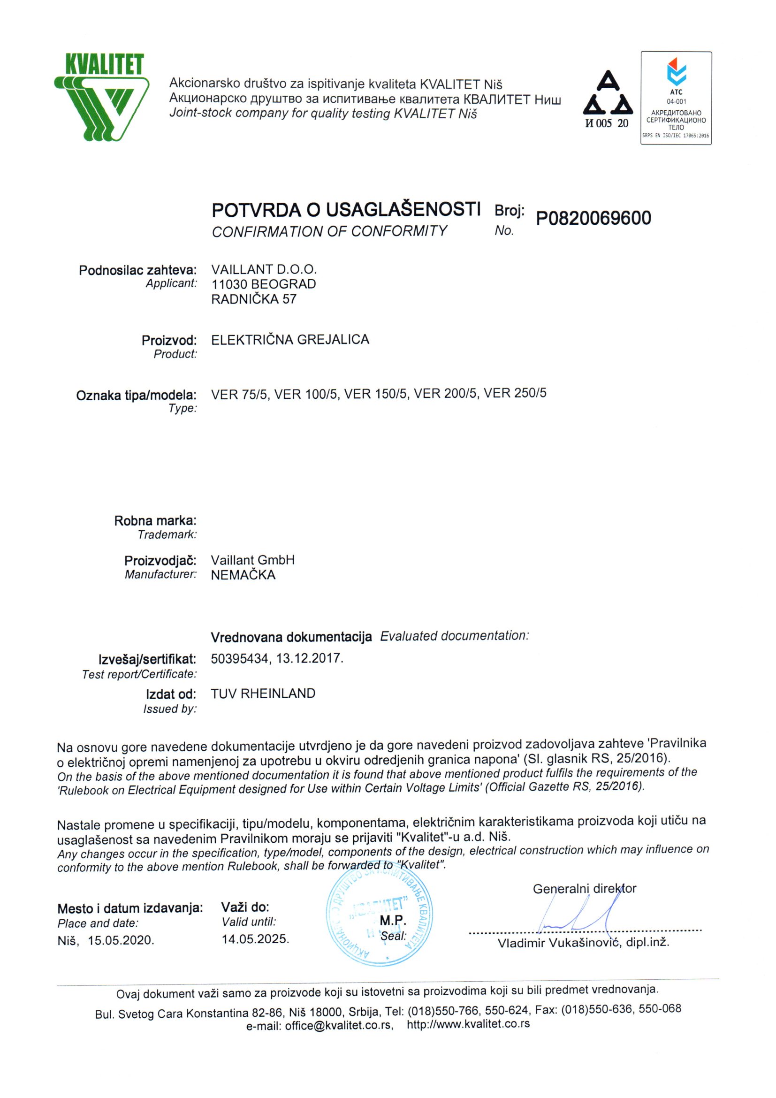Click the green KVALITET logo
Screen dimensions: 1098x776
point(102,97)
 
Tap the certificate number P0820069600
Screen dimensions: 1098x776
point(593,219)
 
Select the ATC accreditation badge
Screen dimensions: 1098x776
point(676,98)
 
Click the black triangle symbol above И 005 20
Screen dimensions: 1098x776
point(608,94)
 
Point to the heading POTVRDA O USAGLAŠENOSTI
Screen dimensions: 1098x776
point(346,209)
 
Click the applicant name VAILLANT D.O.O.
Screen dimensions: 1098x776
point(264,269)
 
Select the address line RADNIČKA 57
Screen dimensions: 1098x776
point(253,299)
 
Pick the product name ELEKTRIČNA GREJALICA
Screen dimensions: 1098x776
point(290,340)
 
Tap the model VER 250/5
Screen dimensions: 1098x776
point(515,394)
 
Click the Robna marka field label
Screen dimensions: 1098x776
point(155,521)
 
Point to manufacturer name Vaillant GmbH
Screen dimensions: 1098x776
point(252,560)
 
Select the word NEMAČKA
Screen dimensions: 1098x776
point(243,575)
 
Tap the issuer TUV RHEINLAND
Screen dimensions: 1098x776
point(263,694)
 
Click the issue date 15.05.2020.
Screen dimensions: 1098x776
point(121,940)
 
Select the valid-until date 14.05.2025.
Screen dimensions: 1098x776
point(255,939)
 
